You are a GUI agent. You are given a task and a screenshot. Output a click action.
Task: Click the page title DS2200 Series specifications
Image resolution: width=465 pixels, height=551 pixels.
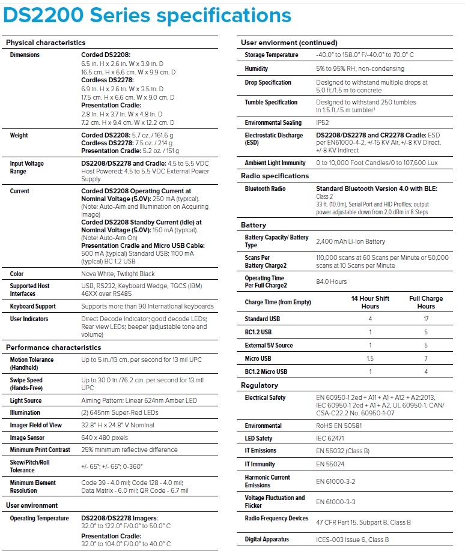147,16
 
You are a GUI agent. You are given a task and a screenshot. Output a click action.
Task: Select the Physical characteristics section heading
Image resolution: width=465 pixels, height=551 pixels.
46,43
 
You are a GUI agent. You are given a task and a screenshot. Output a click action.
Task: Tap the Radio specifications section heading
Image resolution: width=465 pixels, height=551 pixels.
275,176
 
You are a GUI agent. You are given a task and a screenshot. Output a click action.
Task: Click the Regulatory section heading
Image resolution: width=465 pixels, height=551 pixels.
260,385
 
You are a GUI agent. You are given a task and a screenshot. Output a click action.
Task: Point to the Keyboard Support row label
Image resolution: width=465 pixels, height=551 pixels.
33,307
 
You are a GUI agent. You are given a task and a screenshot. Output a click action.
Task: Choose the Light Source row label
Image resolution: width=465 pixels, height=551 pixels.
26,400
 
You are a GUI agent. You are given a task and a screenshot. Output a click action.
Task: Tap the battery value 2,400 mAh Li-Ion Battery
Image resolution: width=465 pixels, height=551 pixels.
351,241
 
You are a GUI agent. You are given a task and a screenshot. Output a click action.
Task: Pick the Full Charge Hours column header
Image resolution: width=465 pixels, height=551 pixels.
426,302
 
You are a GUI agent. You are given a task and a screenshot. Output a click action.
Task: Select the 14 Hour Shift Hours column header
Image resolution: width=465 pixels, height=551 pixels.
370,302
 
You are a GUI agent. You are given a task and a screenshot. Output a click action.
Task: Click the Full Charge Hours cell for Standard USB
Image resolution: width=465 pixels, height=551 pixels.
426,319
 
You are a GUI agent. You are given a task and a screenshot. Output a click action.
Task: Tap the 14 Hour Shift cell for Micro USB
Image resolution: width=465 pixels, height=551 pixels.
370,358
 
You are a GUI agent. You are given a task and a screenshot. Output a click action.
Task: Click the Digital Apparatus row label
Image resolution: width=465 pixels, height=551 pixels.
267,539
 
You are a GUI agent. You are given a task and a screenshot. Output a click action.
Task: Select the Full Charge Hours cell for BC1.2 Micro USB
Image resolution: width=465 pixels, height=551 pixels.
426,372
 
